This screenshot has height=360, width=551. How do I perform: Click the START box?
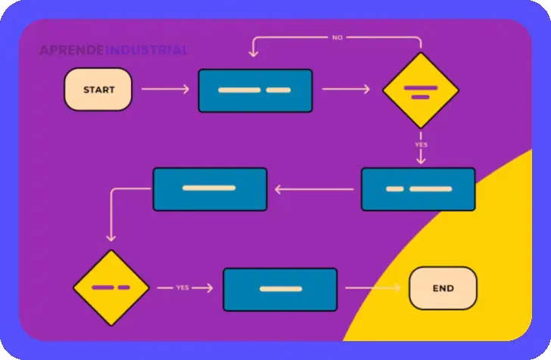click(x=98, y=89)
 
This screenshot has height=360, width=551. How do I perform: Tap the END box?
click(x=443, y=288)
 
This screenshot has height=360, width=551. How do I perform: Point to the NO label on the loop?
click(x=338, y=37)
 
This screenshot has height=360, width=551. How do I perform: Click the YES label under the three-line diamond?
click(x=421, y=144)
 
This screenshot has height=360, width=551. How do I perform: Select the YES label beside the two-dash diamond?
click(x=182, y=287)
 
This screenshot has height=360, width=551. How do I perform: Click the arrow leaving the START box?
click(x=165, y=89)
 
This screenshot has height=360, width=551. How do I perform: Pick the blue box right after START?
click(x=255, y=90)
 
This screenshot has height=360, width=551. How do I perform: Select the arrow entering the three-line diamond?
click(x=346, y=89)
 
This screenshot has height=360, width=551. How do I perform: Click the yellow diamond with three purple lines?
click(x=421, y=91)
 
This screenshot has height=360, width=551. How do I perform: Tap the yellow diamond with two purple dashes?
click(x=111, y=288)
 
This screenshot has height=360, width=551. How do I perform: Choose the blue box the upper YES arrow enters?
click(x=418, y=188)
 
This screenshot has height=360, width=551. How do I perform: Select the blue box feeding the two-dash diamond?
click(x=210, y=188)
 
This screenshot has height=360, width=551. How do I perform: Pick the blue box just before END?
click(x=280, y=289)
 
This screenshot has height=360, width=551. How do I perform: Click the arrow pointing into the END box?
click(x=372, y=288)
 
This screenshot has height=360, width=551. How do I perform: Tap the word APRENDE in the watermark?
click(x=72, y=51)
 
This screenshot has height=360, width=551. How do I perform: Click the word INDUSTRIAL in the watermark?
click(x=147, y=51)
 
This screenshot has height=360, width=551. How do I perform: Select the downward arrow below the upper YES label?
click(x=421, y=157)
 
